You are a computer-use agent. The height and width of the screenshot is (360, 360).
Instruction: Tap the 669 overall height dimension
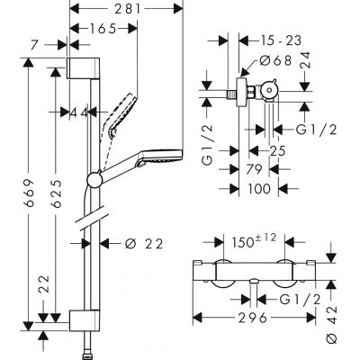pos(33,193)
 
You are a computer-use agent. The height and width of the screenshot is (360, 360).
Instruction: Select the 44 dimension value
pos(81,112)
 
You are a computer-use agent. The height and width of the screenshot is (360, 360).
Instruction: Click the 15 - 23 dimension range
pos(271,41)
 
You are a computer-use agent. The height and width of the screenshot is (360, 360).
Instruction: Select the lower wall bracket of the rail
pos(80,319)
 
